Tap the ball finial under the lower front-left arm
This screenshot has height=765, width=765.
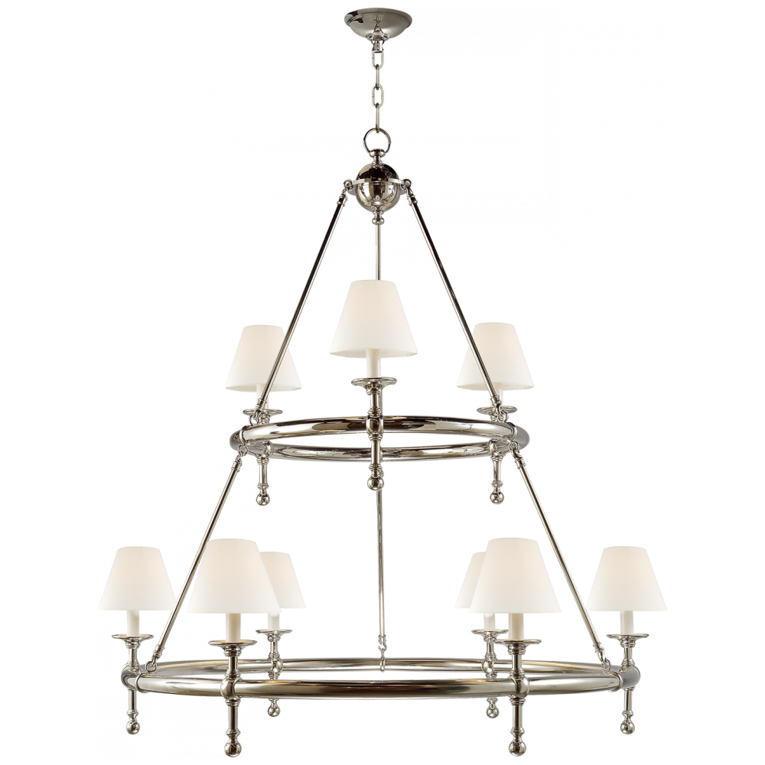coord(232,746)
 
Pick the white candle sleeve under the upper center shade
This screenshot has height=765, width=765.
coord(370,366)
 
